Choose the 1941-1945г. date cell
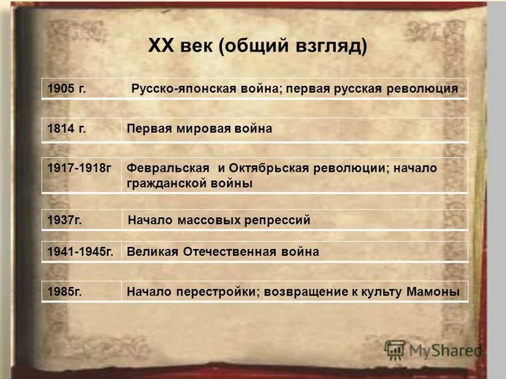[80, 251]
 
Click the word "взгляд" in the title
[329, 46]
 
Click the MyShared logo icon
[394, 350]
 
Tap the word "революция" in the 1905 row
[421, 89]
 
